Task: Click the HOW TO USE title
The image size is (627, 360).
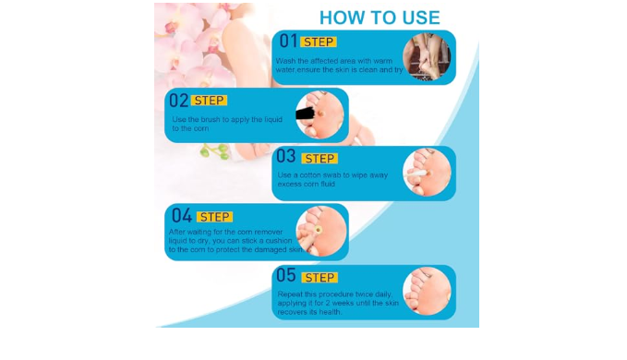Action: click(380, 18)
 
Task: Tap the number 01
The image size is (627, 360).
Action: click(288, 41)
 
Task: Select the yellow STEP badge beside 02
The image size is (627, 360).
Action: click(209, 101)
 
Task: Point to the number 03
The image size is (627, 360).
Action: click(286, 156)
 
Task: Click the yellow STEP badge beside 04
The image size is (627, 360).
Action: click(215, 217)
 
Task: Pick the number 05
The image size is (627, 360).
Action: click(286, 275)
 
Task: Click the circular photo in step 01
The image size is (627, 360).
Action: click(427, 56)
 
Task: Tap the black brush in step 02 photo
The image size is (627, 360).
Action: click(305, 114)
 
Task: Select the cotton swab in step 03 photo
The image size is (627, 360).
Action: click(416, 174)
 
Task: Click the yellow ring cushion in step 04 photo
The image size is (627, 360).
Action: click(319, 230)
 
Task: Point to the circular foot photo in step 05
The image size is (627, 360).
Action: click(427, 292)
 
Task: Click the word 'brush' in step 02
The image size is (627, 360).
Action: click(211, 119)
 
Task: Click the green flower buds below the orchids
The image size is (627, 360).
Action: click(215, 151)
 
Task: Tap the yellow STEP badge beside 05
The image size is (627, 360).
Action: click(320, 278)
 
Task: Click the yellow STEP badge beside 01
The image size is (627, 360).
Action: click(319, 42)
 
